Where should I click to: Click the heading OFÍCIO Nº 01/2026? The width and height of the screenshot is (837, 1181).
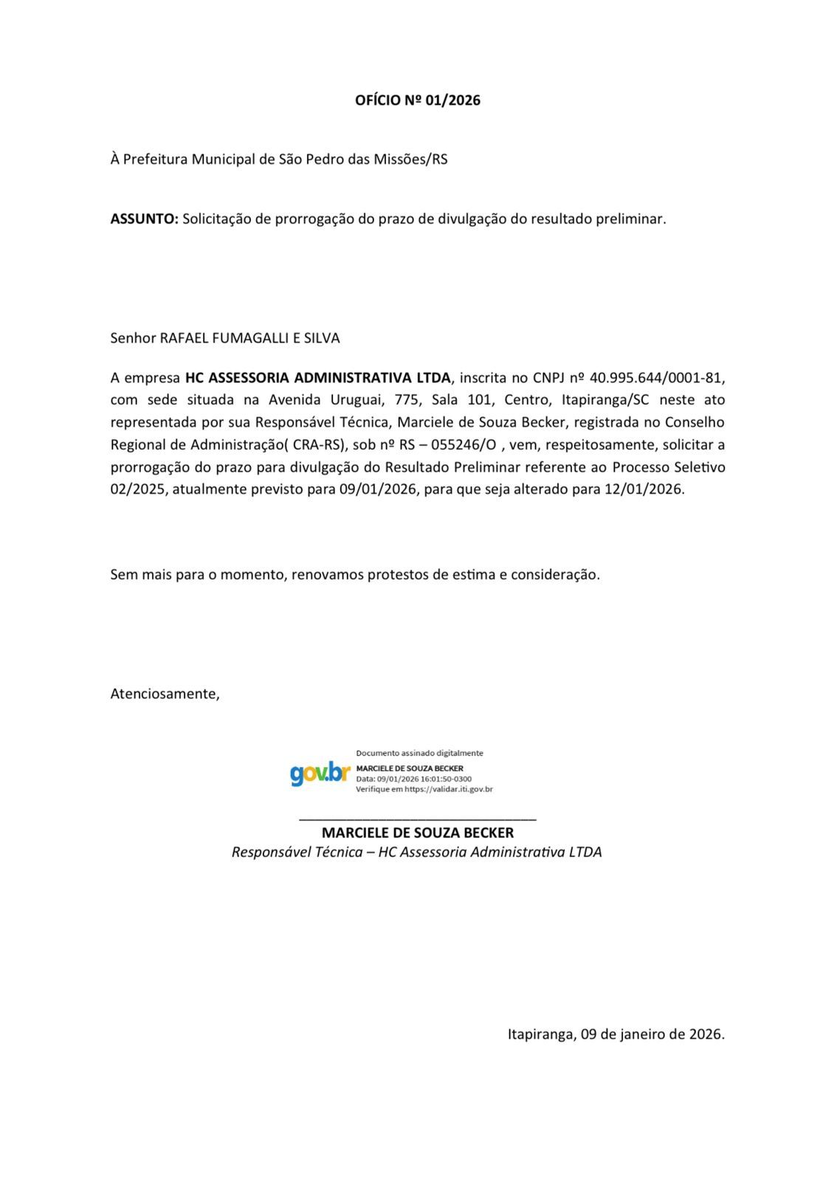click(417, 100)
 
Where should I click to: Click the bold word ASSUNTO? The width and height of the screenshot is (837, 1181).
click(144, 219)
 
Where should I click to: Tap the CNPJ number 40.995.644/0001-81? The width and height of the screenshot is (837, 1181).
click(657, 378)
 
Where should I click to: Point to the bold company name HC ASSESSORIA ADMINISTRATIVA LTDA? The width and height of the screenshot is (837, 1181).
click(317, 378)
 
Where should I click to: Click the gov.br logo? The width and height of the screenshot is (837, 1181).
click(320, 772)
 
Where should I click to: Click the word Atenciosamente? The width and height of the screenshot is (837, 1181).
click(165, 694)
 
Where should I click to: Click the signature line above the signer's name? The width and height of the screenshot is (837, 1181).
click(418, 818)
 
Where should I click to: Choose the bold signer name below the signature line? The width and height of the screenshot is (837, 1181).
click(418, 833)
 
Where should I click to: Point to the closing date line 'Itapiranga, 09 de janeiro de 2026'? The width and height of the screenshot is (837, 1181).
click(616, 1034)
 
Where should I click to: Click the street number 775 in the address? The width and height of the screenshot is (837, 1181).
click(407, 400)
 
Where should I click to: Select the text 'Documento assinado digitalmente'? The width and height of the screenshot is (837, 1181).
click(419, 753)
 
